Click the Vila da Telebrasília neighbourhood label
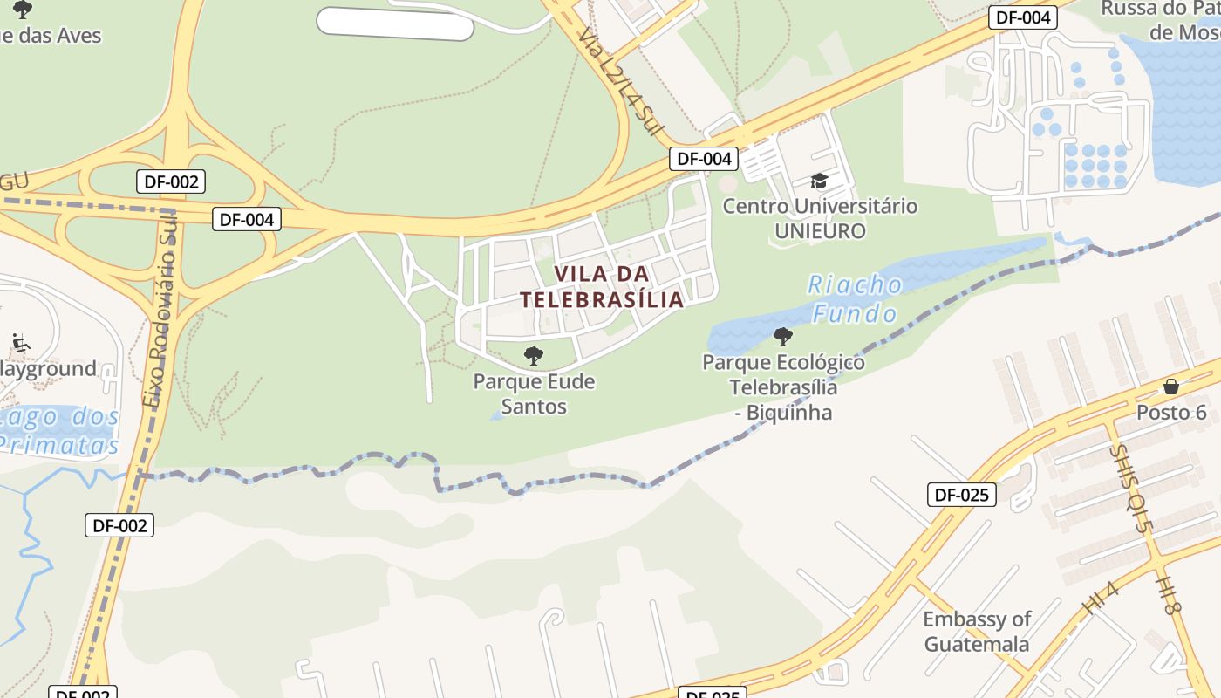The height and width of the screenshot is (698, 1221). (602, 286)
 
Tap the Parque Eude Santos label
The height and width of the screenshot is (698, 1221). (534, 393)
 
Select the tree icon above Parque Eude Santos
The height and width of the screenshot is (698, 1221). (533, 355)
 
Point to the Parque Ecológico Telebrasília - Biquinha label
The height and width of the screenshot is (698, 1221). (783, 387)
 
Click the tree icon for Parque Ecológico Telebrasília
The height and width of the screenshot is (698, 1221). (782, 336)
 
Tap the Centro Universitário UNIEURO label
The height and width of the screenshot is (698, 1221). (820, 218)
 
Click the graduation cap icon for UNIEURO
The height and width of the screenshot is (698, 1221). (819, 181)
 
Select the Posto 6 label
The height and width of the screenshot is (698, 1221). (1170, 412)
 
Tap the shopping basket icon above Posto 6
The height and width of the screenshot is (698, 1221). (1170, 386)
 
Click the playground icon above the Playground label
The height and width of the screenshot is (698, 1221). (20, 342)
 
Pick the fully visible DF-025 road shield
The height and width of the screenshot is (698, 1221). (961, 495)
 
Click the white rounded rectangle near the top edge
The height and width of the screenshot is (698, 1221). (395, 24)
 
